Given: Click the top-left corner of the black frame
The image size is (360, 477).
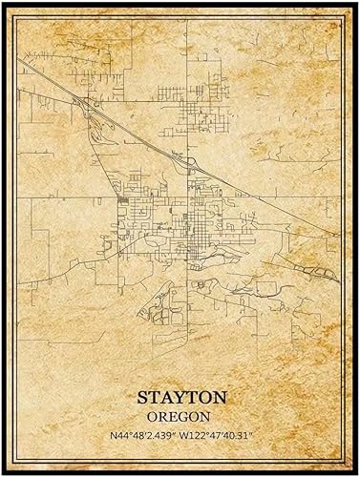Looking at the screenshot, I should click(x=3, y=3).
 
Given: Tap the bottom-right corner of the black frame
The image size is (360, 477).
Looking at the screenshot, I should click(x=356, y=473).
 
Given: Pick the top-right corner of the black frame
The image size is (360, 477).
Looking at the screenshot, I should click(x=356, y=3).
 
